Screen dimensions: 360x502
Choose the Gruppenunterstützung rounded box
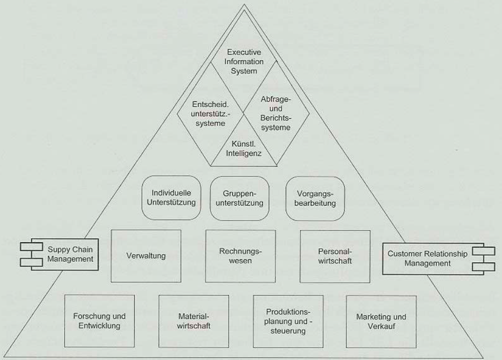point(239,199)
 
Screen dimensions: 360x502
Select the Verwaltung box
point(146,256)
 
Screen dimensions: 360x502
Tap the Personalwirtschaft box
point(334,256)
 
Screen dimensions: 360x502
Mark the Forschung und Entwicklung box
point(100,320)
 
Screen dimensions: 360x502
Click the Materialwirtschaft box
point(193,320)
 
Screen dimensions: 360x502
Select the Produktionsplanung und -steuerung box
point(288,320)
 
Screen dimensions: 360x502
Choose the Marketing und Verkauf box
point(381,320)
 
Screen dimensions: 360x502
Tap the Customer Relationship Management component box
point(427,258)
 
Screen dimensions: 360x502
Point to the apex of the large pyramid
point(244,5)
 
